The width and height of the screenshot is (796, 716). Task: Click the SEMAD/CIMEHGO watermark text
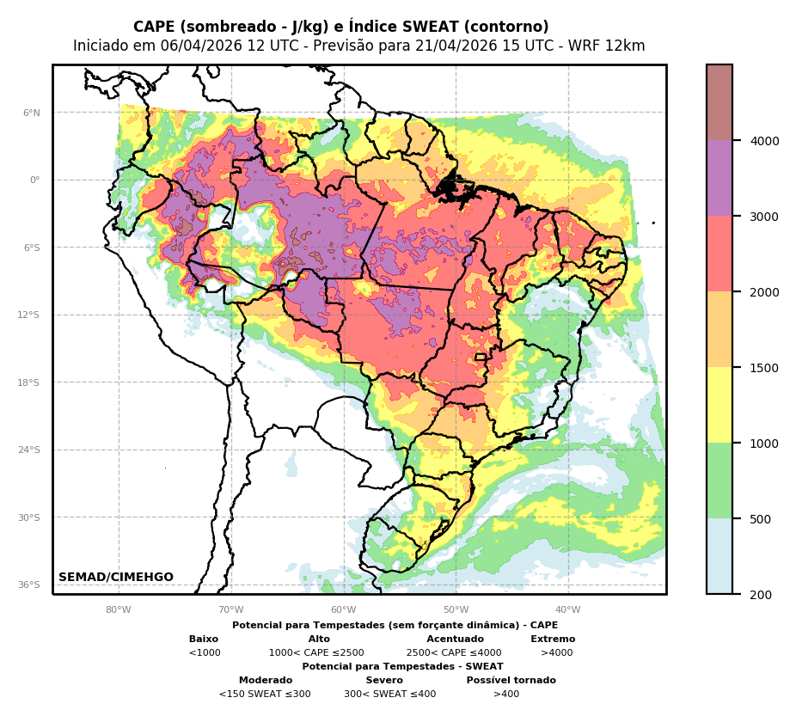tap(116, 577)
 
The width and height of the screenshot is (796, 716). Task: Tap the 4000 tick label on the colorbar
tap(764, 140)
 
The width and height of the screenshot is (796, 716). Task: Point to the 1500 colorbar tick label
tap(764, 368)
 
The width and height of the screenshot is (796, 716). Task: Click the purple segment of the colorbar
tap(719, 178)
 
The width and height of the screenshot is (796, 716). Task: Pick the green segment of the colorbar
tap(719, 480)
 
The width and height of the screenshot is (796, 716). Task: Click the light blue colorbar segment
tap(719, 556)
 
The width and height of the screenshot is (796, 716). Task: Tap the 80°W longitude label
tap(119, 610)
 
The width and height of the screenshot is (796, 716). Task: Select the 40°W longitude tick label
tap(567, 610)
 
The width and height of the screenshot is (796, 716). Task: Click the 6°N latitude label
tap(32, 113)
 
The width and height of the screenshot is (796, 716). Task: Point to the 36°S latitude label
tap(29, 584)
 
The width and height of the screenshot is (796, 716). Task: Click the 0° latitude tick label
tap(35, 180)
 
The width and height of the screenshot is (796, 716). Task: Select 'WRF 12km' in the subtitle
tap(612, 46)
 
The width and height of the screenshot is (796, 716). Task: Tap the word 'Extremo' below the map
tap(553, 639)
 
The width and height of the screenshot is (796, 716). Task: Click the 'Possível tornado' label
tap(511, 680)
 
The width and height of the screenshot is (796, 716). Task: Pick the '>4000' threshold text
tap(556, 652)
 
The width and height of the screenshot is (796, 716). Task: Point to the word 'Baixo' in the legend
tap(204, 639)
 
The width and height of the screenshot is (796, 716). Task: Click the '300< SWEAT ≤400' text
tap(389, 694)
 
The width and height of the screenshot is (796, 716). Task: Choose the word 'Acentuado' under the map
tap(455, 639)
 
